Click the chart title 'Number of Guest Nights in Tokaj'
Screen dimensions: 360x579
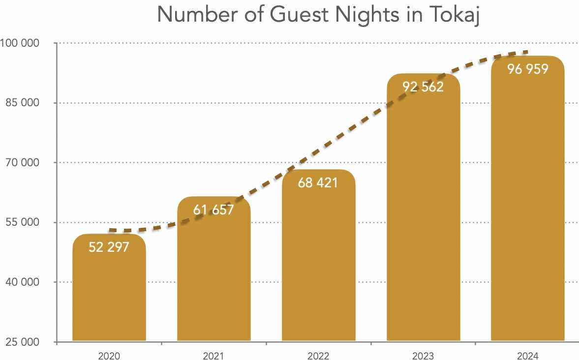point(318,15)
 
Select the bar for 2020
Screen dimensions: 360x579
point(109,295)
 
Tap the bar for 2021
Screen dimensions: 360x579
point(213,280)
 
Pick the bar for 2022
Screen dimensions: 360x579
point(318,266)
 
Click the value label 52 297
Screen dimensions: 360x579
point(109,247)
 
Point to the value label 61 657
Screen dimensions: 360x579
point(213,210)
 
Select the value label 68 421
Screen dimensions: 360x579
point(318,183)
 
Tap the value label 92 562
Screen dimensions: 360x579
point(423,87)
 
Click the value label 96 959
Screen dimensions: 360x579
point(527,69)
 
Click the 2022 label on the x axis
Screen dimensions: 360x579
point(318,355)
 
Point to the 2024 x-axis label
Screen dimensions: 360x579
point(527,355)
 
